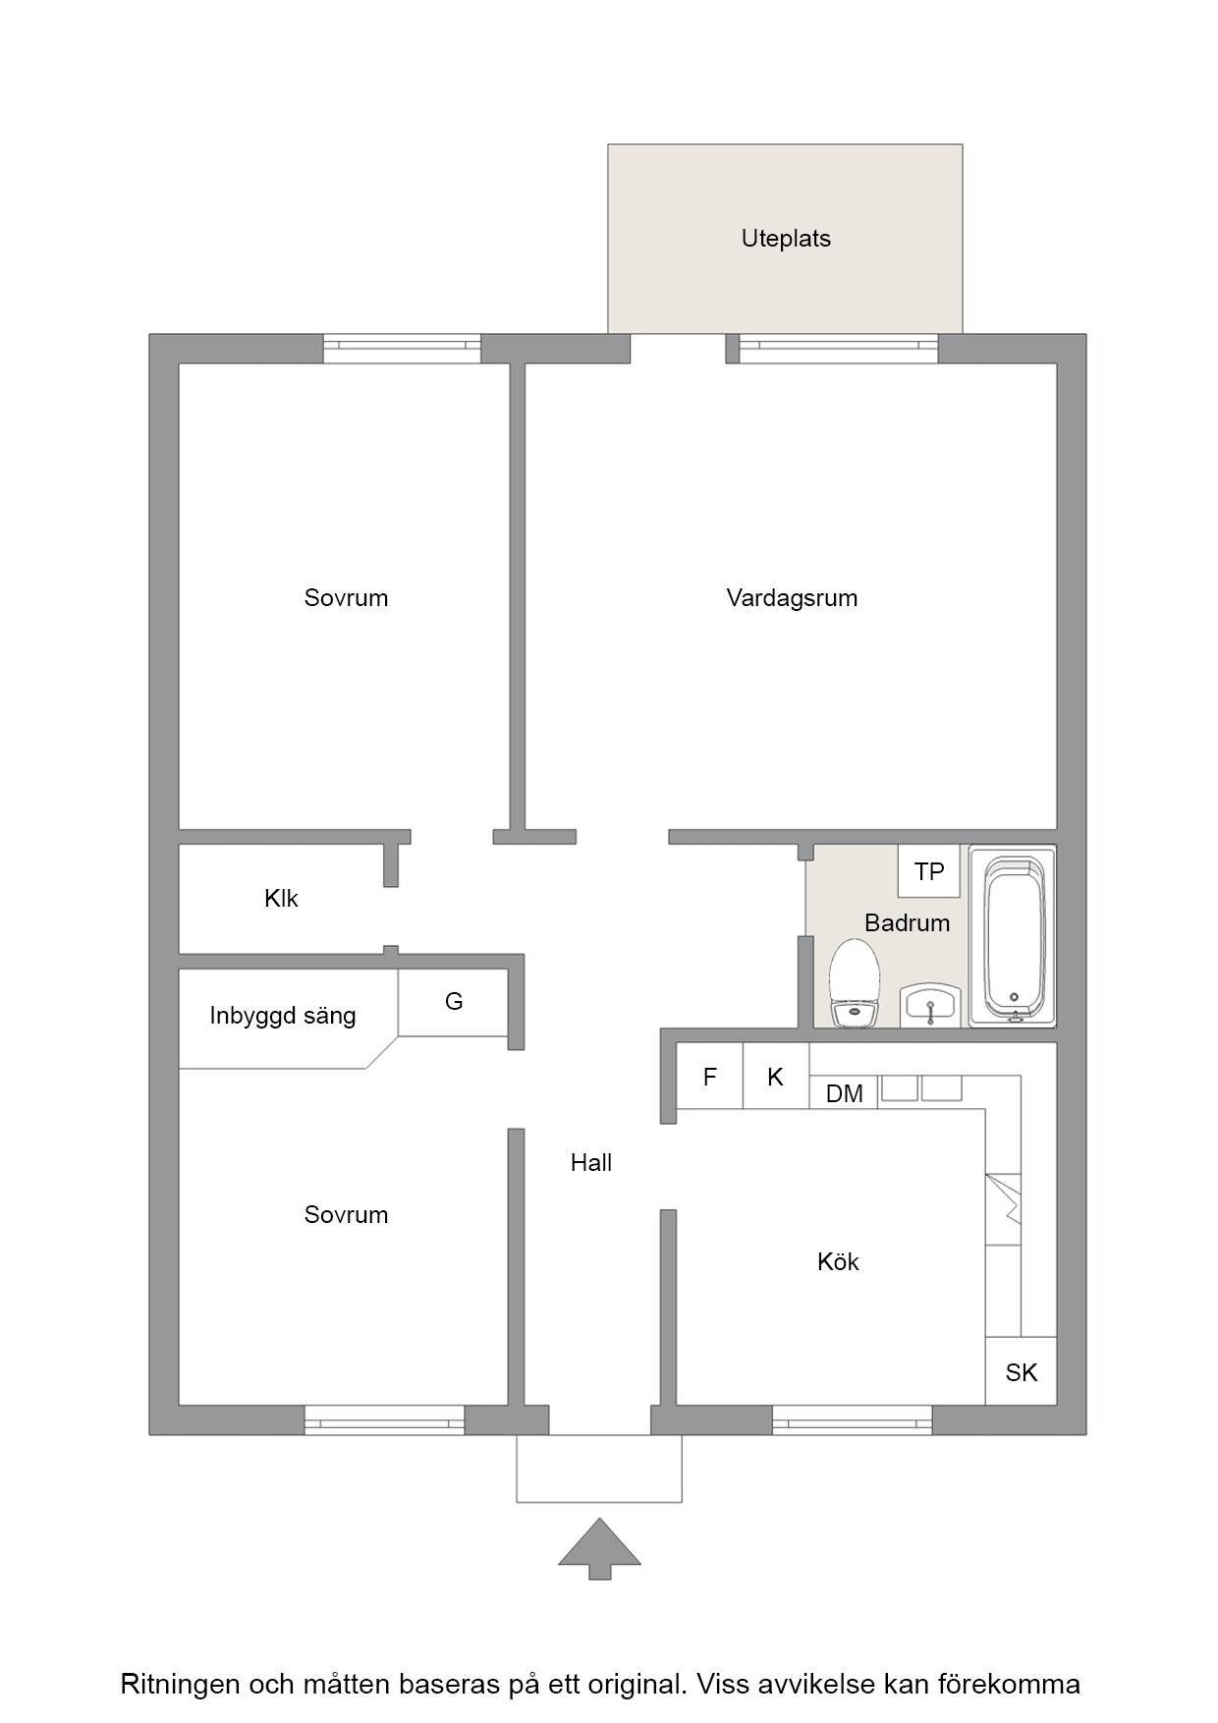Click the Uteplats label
click(786, 239)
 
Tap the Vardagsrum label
click(792, 598)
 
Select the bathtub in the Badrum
click(1013, 936)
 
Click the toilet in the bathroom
click(852, 982)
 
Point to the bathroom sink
click(929, 1006)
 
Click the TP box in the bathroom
click(929, 870)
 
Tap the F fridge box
click(710, 1077)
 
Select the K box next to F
click(776, 1077)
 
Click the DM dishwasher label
click(845, 1093)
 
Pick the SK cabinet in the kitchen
click(1021, 1371)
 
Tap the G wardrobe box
click(454, 1002)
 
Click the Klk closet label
click(281, 899)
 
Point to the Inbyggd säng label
click(283, 1016)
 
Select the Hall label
click(591, 1163)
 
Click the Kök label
click(838, 1262)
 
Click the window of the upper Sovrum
click(402, 349)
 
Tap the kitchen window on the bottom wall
click(852, 1419)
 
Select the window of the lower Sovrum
click(384, 1419)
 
